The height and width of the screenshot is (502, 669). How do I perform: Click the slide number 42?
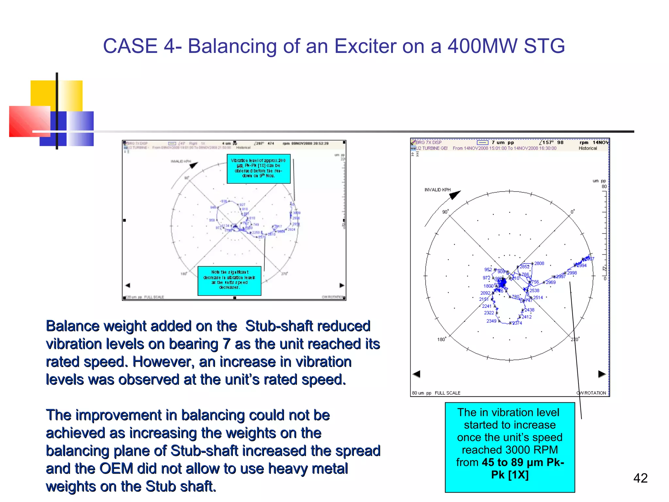click(640, 478)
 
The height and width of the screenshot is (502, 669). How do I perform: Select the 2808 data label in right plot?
click(539, 263)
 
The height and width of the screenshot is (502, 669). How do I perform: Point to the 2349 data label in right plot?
click(491, 321)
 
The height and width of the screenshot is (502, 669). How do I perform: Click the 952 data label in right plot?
click(488, 270)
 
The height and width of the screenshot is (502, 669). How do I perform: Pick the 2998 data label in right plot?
click(572, 273)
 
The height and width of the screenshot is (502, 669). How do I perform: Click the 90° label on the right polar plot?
click(446, 212)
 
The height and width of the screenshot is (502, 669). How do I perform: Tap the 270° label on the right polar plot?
click(575, 339)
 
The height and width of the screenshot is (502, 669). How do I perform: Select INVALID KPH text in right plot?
click(437, 190)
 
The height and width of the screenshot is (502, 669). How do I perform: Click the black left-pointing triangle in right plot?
click(416, 374)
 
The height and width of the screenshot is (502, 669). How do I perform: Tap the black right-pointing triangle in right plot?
click(602, 374)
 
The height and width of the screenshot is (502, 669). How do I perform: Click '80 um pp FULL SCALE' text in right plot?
click(436, 393)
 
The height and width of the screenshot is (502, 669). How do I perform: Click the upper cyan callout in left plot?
click(258, 169)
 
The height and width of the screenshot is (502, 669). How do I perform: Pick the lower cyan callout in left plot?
click(229, 281)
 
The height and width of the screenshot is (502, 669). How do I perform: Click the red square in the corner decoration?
click(29, 121)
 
